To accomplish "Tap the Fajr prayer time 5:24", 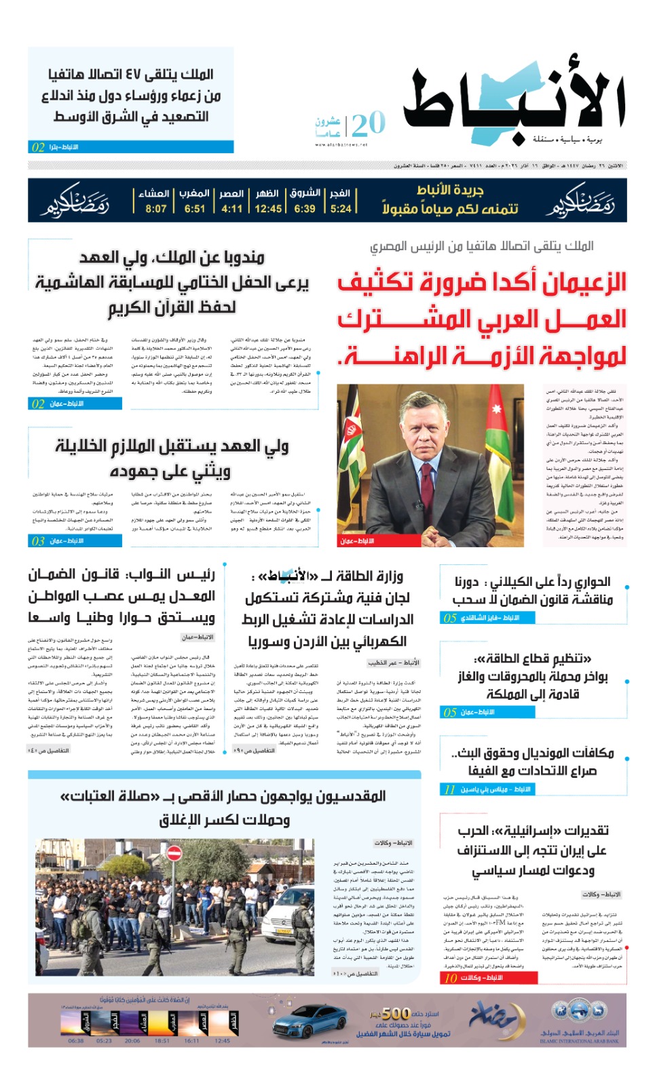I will pos(341,208).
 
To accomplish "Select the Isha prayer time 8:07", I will pos(155,208).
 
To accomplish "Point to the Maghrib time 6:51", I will pos(195,208).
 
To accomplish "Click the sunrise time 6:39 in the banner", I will pos(305,208).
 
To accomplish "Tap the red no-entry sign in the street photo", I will pos(174,853).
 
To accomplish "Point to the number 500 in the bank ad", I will pos(395,1013).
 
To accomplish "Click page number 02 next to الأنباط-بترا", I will pos(38,147).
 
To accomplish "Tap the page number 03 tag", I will pos(38,541).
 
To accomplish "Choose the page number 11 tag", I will pos(449,789).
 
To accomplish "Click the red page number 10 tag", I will pos(451,978).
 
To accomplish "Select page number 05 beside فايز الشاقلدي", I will pos(449,618).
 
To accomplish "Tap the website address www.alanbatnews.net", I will pos(341,144).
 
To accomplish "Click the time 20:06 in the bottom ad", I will pos(133,1041).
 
